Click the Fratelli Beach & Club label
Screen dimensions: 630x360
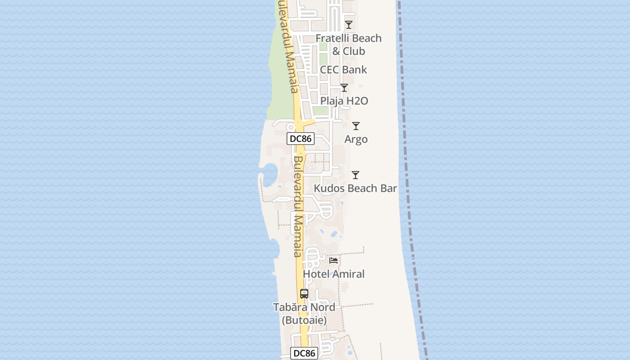[x=348, y=45]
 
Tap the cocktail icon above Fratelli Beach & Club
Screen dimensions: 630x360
[x=349, y=25]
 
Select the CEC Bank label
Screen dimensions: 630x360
[x=343, y=70]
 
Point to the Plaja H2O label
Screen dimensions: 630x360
[x=344, y=101]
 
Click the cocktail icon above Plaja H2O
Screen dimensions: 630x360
[x=344, y=88]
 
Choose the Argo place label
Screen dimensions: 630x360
[x=356, y=139]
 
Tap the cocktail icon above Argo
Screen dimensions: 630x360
[x=356, y=126]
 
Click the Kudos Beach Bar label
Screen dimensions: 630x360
[x=355, y=188]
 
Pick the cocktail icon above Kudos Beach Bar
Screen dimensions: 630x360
[x=355, y=175]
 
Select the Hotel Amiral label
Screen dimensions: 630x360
[x=333, y=274]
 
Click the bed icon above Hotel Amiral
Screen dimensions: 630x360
[x=333, y=261]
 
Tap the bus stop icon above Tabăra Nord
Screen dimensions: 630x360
[x=304, y=294]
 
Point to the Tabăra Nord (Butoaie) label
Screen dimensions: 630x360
[x=304, y=314]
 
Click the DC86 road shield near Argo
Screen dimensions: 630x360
[x=301, y=139]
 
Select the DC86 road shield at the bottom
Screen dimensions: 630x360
[x=304, y=353]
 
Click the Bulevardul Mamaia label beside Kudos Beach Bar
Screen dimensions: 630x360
[x=298, y=207]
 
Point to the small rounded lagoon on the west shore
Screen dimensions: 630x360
[x=270, y=175]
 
